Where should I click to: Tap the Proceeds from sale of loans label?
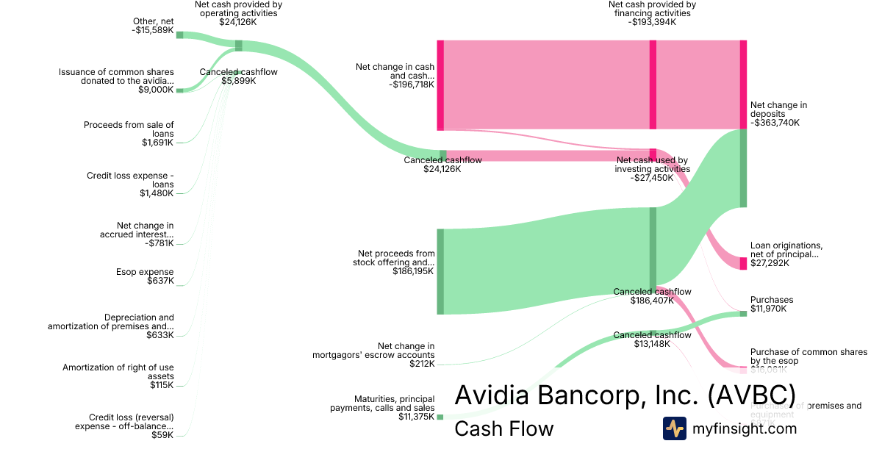(x=129, y=129)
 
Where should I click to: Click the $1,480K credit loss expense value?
(x=157, y=193)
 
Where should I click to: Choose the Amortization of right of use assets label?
(x=118, y=372)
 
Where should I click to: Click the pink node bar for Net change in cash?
(x=440, y=85)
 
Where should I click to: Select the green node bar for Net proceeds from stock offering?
(x=440, y=271)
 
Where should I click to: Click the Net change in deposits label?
(x=778, y=110)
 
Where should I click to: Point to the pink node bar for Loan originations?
(x=743, y=263)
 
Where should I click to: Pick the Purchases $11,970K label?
(x=771, y=304)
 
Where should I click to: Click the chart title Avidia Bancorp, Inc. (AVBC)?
(x=625, y=395)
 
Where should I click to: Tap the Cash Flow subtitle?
(x=503, y=428)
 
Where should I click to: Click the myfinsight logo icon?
(x=675, y=428)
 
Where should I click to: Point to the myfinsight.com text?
(x=745, y=428)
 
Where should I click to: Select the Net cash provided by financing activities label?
(x=652, y=9)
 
